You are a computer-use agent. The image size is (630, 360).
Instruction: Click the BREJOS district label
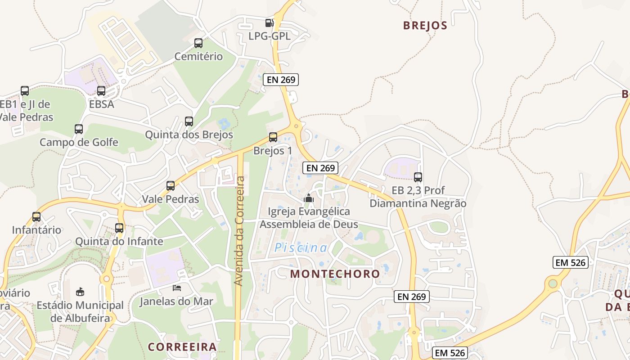coord(425,25)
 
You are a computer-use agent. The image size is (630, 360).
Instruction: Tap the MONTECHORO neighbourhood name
coord(335,274)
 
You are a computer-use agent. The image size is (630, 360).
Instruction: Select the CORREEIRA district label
coord(182,347)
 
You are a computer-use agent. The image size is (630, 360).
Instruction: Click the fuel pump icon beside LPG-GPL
coord(269,23)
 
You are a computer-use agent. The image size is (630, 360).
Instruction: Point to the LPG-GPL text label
coord(270,36)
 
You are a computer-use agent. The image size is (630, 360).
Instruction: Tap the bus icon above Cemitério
coord(198,43)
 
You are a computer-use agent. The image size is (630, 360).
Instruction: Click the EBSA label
coord(101,104)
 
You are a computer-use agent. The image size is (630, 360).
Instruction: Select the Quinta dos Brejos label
coord(189,135)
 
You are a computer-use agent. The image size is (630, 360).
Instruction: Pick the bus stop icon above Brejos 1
coord(273,137)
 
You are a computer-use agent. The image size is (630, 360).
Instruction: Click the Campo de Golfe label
coord(79,142)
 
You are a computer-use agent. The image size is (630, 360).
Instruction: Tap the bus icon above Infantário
coord(36,216)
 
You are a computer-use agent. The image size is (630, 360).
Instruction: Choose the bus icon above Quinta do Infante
coord(119,228)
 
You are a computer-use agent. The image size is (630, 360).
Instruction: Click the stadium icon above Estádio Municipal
coord(80,292)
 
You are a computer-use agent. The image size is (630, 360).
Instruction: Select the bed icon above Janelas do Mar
coord(177,288)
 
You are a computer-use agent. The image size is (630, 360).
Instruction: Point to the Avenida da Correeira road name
coord(239,231)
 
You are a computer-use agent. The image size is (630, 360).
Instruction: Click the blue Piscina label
coord(301,247)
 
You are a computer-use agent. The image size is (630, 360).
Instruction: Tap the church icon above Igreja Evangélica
coord(309,198)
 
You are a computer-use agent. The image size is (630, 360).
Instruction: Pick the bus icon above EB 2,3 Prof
coord(418,177)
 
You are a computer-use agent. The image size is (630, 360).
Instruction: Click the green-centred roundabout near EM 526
coord(553,283)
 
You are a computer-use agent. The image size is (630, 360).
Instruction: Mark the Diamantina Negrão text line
coord(418,203)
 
